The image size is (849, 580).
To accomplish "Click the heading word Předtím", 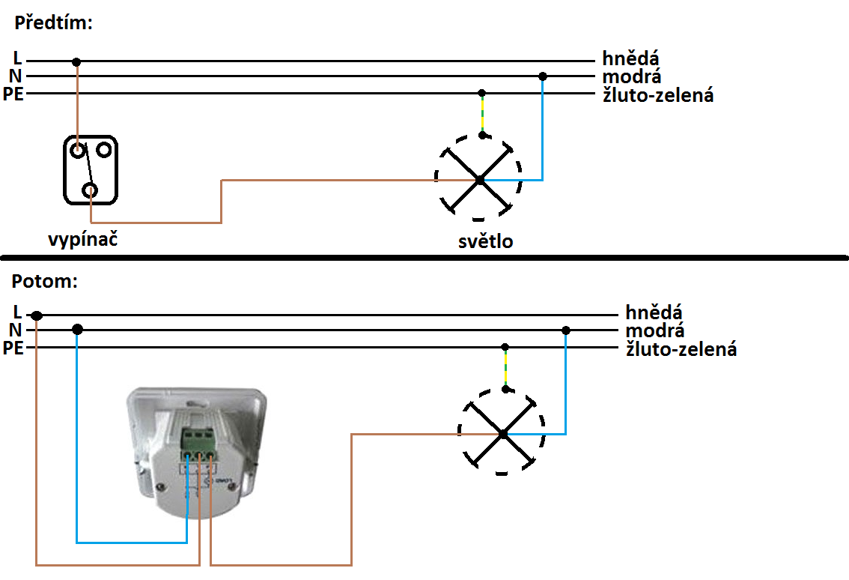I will (x=52, y=22).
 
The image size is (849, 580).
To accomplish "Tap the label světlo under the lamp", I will (x=486, y=241).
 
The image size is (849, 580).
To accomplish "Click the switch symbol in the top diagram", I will (x=91, y=169).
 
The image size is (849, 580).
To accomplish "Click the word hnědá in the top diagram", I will (x=630, y=58).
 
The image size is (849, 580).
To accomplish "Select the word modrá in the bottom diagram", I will (x=655, y=330).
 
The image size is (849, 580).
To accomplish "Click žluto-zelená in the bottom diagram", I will (x=681, y=348).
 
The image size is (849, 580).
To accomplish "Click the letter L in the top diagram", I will (x=17, y=58).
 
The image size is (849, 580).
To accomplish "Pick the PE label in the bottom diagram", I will (x=14, y=348).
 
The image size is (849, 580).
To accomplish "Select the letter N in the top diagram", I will (x=16, y=76).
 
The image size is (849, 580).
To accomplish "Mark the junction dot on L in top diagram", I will (x=76, y=61).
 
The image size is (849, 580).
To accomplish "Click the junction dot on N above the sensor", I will (x=77, y=329).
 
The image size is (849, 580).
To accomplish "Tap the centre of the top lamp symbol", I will (x=479, y=179).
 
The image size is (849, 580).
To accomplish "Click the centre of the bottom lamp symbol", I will (x=503, y=433).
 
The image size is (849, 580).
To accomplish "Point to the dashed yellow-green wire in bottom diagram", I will (x=505, y=369).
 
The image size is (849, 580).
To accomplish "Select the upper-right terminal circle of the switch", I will (x=103, y=150).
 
